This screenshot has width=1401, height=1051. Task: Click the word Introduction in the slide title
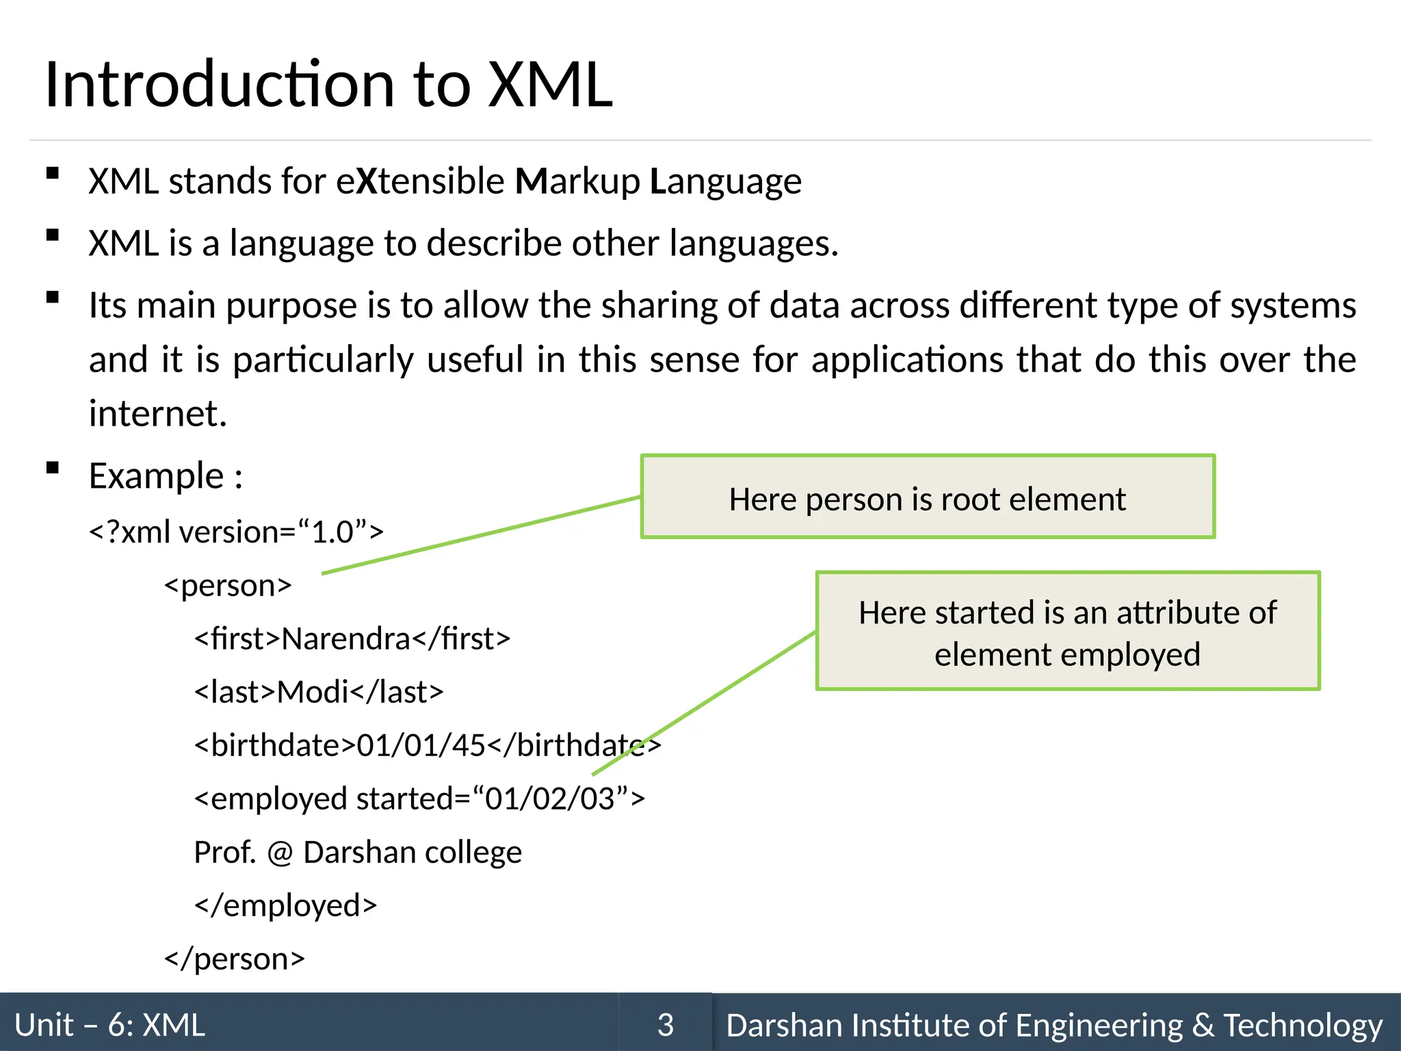(220, 85)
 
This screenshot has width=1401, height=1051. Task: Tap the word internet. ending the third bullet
(157, 414)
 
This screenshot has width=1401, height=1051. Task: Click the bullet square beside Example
(52, 468)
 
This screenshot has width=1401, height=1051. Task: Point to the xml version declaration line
(236, 532)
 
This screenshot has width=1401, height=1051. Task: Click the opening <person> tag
(228, 586)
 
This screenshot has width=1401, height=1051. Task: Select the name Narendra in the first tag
(345, 639)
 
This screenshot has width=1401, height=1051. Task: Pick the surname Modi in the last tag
(313, 692)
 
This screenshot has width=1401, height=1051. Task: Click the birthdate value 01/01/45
(421, 746)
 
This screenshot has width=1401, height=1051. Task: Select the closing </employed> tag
(285, 906)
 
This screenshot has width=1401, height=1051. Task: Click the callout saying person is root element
(927, 497)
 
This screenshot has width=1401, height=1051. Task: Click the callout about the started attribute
(1067, 632)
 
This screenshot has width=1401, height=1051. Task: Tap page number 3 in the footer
(665, 1024)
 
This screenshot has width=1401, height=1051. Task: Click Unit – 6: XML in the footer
(109, 1025)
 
